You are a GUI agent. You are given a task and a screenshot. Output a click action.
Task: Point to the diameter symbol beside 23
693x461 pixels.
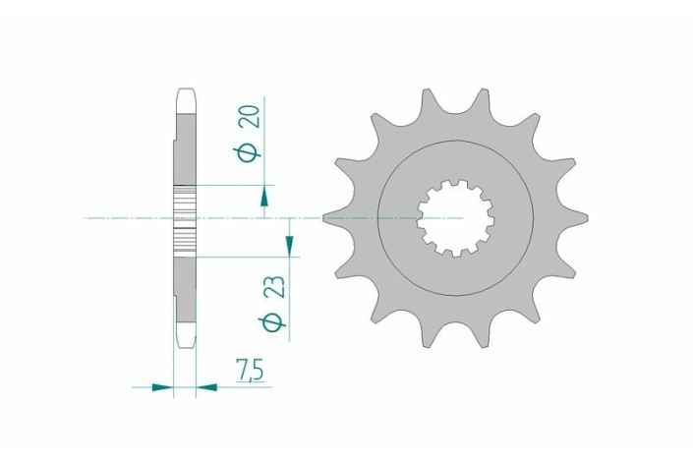click(274, 320)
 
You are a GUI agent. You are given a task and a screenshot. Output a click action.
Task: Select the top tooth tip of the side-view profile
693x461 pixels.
click(186, 97)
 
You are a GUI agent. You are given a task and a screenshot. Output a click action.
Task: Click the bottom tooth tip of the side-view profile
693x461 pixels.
click(186, 339)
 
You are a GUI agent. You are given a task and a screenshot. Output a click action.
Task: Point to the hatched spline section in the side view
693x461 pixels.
click(186, 217)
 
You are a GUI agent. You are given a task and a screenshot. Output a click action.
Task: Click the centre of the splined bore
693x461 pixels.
click(455, 217)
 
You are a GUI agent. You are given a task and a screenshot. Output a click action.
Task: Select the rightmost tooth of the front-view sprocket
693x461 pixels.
click(580, 217)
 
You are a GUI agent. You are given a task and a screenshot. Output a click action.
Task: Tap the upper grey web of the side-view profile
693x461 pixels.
click(186, 147)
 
